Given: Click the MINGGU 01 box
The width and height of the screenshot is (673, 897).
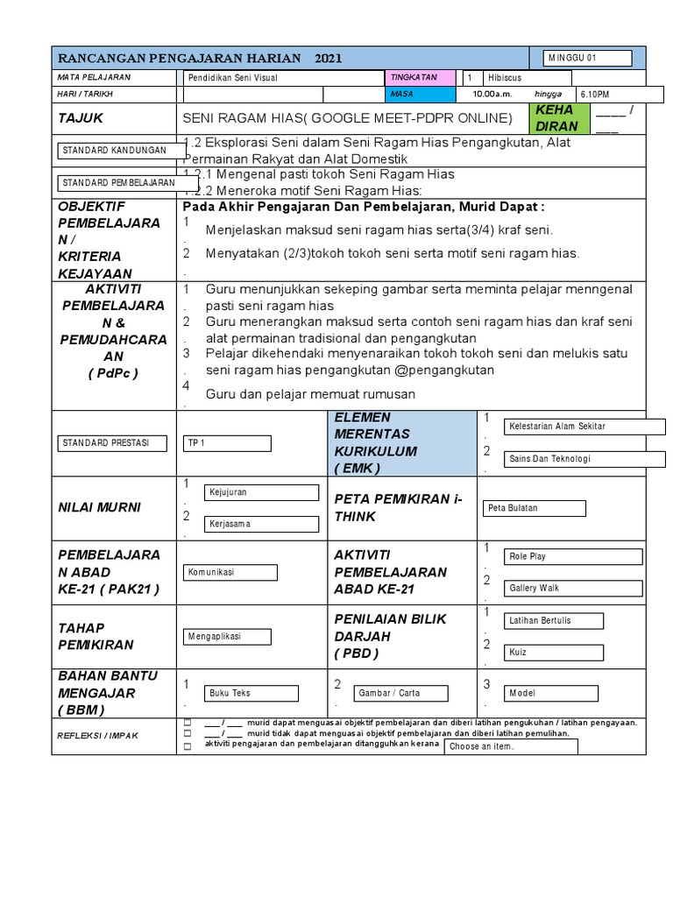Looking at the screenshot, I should (x=587, y=59).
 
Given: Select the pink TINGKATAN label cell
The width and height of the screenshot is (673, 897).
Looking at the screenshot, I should (x=419, y=77).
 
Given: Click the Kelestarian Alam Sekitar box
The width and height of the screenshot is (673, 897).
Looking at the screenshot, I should (x=584, y=427).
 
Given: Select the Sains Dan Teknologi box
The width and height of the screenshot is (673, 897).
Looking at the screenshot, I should (x=584, y=459).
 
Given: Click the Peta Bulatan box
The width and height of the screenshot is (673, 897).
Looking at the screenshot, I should (x=534, y=508).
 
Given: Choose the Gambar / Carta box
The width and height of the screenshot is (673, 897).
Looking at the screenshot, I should (x=399, y=693).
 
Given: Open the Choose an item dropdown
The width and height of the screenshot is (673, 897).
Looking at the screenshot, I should (x=511, y=747).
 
